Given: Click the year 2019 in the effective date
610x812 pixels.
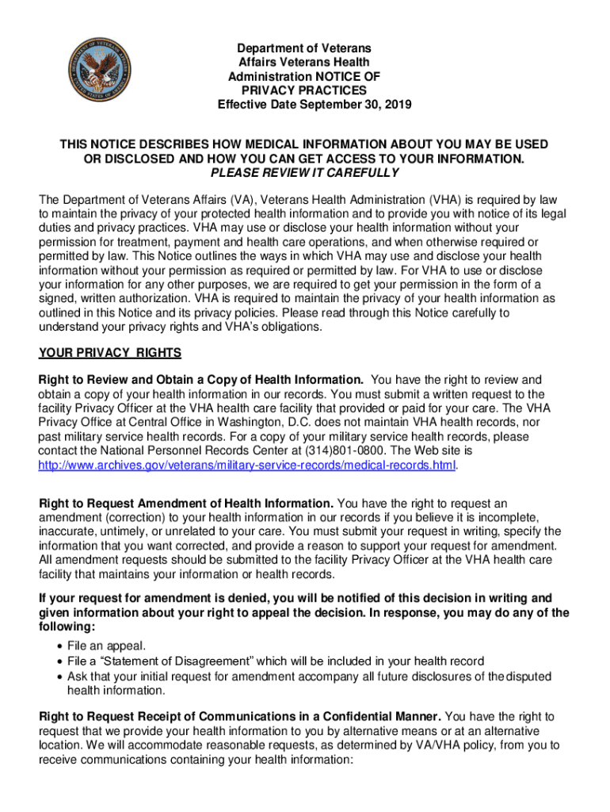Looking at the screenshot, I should coord(398,105).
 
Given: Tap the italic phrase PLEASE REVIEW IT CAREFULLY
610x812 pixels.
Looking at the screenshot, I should coord(304,173).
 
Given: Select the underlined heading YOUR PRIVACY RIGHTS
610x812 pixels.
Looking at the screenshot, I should coord(110,352).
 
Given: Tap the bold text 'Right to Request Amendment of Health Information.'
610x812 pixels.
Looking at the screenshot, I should coord(187,504).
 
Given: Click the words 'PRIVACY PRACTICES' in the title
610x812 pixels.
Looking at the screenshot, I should coord(303,91).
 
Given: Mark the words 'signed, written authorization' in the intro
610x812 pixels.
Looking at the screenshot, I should coord(118,298).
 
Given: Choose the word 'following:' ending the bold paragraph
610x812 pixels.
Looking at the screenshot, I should coord(69,626).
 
